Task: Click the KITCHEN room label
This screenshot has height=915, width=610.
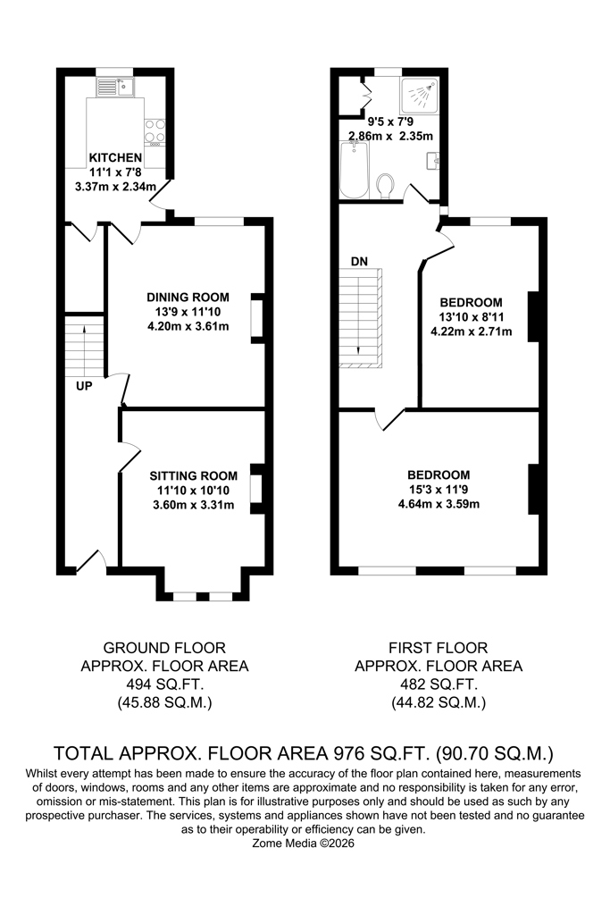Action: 115,157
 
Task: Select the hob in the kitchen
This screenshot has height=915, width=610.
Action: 155,132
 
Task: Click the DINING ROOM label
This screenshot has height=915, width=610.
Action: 188,297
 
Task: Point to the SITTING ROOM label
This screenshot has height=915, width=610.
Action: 194,475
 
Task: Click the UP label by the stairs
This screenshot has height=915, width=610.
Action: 84,386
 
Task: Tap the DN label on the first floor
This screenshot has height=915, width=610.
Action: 359,262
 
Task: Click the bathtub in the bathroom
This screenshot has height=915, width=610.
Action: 354,170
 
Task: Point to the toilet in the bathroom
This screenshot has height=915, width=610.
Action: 385,187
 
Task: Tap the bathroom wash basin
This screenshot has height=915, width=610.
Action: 432,160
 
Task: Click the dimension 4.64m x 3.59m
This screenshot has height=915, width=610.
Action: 439,504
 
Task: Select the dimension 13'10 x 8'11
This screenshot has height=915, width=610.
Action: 472,317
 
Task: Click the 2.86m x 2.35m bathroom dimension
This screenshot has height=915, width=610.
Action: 390,136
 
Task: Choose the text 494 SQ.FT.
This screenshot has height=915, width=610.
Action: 165,684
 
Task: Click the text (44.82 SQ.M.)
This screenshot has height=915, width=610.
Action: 439,702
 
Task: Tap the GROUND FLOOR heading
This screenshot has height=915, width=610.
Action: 164,648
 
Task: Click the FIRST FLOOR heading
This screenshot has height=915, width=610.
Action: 439,648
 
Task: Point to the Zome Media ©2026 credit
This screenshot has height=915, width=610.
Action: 304,844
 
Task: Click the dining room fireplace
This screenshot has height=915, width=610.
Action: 257,317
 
